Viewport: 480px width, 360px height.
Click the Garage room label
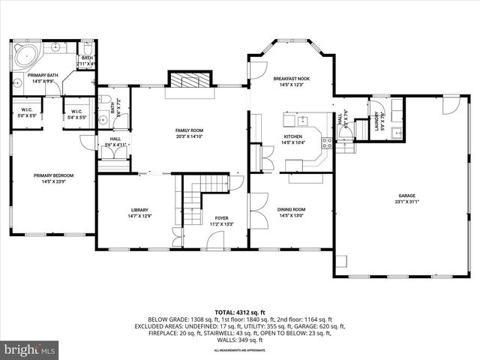tap(406, 194)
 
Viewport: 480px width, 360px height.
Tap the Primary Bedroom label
tap(52, 175)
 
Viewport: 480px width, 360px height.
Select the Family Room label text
tap(189, 130)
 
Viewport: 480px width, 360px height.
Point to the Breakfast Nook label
tap(292, 79)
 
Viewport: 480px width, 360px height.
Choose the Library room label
tap(140, 210)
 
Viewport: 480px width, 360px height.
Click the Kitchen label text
tap(292, 136)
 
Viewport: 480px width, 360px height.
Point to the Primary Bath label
tap(43, 76)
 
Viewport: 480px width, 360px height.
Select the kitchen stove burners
tap(326, 142)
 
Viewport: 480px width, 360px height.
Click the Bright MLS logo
tap(29, 349)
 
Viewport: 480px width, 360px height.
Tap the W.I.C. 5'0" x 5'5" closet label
tap(24, 114)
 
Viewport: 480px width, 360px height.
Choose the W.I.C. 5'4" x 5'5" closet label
tap(76, 114)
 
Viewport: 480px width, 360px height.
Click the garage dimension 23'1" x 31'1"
tap(406, 201)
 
